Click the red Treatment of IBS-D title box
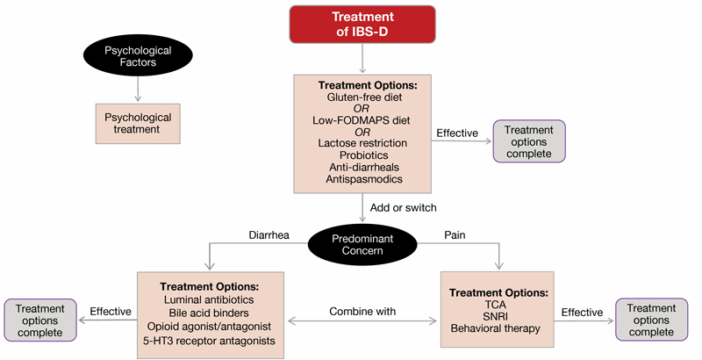(362, 25)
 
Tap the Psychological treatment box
(139, 122)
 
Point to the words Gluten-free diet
(362, 97)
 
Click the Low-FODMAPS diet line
(362, 120)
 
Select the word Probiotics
(362, 155)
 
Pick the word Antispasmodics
(362, 178)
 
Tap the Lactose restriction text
(362, 143)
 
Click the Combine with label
(362, 311)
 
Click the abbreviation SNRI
(498, 316)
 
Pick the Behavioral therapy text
(498, 329)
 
